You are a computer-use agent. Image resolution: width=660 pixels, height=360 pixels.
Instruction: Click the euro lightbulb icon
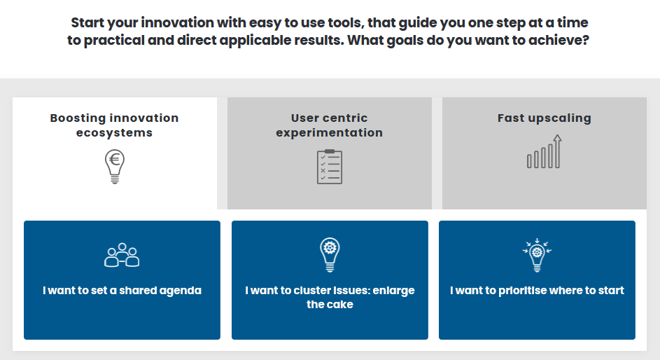115,166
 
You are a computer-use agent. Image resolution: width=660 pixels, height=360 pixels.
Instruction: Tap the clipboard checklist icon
330,167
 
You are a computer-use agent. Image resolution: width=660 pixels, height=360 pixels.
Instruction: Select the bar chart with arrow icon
545,151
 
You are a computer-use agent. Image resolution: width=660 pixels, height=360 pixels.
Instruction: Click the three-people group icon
122,255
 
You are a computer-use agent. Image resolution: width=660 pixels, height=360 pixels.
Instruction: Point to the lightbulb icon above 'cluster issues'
330,255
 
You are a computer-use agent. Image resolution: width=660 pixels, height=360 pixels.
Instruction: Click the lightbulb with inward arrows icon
537,255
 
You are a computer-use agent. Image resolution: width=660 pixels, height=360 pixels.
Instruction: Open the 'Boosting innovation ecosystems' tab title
115,125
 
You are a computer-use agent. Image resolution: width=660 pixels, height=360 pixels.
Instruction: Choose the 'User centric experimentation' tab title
330,125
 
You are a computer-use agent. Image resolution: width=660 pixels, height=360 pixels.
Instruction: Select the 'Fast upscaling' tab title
545,118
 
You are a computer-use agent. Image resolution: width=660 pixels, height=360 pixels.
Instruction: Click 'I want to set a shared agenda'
122,291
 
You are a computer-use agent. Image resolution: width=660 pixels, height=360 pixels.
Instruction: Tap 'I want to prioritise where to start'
537,291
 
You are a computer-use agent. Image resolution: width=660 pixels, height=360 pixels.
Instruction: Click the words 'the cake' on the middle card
330,305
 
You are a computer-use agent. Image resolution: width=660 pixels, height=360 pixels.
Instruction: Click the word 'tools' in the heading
343,22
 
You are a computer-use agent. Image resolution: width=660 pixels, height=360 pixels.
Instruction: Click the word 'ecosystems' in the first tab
115,132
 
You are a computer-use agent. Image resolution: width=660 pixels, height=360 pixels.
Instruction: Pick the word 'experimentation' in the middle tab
330,132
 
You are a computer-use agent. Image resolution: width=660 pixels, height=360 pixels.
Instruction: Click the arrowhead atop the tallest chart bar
557,138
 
